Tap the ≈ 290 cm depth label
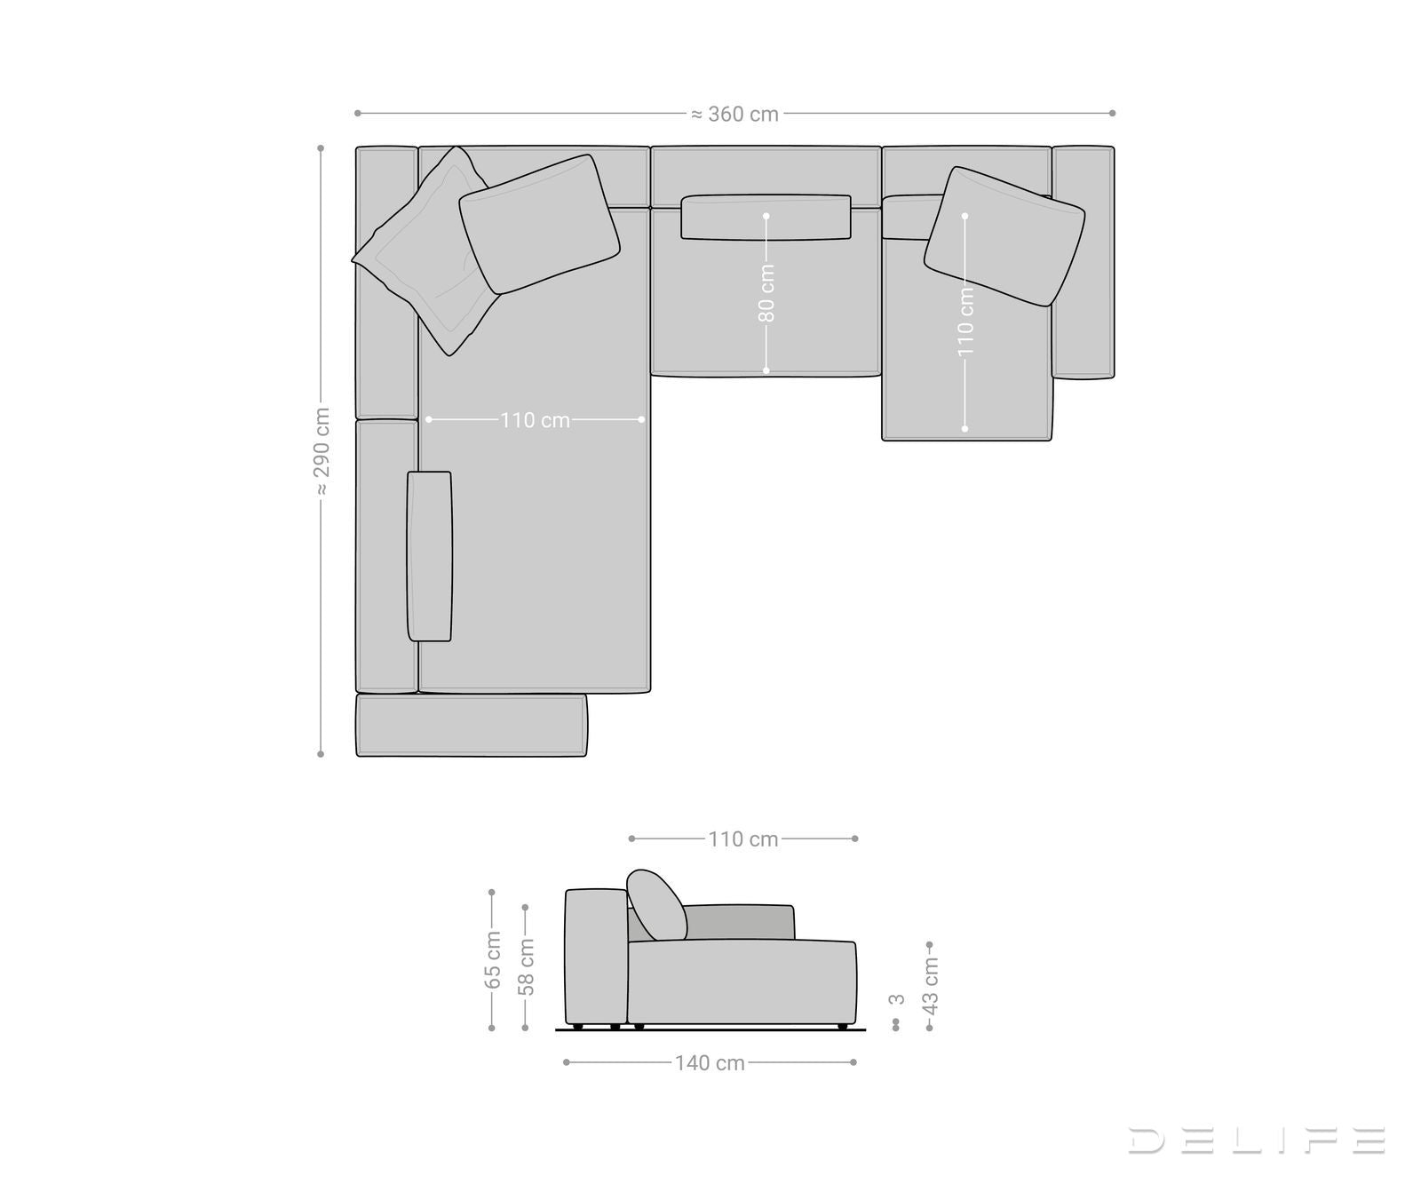pos(322,451)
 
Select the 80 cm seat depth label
pos(766,293)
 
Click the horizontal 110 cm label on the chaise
pos(535,420)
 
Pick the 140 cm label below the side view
pos(709,1063)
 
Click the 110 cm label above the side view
pos(742,839)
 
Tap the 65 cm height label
pos(492,960)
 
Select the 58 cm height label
pos(526,966)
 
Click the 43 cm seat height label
pos(930,985)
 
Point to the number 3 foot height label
pos(897,999)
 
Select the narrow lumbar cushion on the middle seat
pos(766,218)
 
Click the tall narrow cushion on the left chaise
pos(429,556)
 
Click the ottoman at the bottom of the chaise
pos(471,726)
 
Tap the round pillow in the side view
pos(656,905)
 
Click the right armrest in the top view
pos(1083,262)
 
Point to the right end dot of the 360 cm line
pos(1112,113)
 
